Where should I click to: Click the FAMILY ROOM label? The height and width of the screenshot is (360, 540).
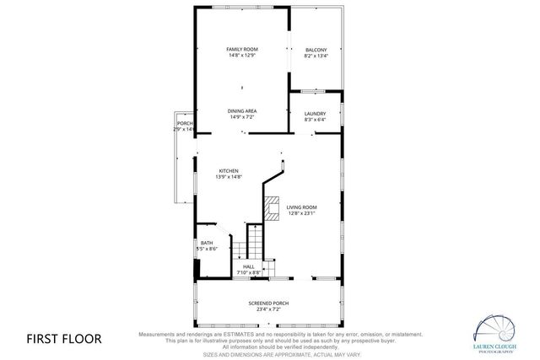click(241, 50)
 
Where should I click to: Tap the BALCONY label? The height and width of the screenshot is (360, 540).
click(316, 50)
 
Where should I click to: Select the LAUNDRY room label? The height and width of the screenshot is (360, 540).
click(315, 113)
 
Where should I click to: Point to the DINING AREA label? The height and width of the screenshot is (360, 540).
click(241, 111)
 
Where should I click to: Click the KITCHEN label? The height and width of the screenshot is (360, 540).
click(229, 170)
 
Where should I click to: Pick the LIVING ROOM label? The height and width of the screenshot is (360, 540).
click(301, 207)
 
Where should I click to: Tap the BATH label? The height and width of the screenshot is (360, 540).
click(207, 243)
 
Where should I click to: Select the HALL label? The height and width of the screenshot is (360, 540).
click(249, 266)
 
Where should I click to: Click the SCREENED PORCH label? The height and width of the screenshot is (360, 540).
click(268, 303)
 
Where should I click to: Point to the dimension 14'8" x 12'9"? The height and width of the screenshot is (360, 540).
click(241, 56)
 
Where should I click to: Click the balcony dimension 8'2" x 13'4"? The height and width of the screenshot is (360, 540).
click(316, 56)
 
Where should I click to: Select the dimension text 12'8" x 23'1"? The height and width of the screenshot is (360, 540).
click(301, 213)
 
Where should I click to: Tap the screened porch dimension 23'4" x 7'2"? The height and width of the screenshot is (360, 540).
click(268, 309)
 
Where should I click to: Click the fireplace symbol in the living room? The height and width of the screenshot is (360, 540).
click(272, 207)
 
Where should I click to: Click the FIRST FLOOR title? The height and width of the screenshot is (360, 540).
click(63, 339)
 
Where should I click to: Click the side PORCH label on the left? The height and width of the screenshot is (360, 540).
click(184, 123)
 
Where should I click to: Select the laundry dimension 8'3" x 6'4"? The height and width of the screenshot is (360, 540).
click(315, 120)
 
